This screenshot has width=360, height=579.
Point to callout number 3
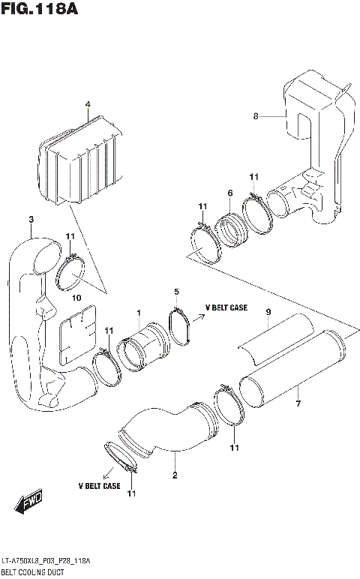pos(31,219)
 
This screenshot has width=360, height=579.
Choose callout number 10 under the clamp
pos(75,298)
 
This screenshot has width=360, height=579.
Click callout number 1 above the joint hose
pos(138,312)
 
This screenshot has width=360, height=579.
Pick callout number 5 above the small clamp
pos(176,291)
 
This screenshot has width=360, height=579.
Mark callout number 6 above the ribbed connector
pos(229,193)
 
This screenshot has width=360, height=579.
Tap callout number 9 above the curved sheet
pos(267,311)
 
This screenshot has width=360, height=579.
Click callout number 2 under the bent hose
pos(175,475)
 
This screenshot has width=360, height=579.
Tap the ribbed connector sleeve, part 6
pos(230,226)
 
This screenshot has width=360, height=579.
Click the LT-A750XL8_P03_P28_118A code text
pos(46,561)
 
